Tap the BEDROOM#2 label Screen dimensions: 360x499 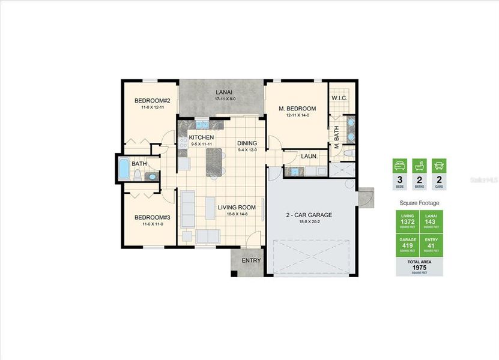[x=153, y=100]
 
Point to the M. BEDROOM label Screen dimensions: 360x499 [x=297, y=108]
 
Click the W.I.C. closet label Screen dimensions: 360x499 [x=340, y=98]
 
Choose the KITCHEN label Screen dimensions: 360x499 [x=202, y=137]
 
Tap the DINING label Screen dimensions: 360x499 [x=247, y=143]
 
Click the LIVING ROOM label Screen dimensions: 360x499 [x=237, y=207]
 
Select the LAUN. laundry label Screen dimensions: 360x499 [x=309, y=157]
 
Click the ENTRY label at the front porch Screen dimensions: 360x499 [x=251, y=260]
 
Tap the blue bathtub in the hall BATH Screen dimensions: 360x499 [x=124, y=170]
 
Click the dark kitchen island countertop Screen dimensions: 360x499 [x=213, y=162]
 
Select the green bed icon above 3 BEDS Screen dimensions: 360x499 [x=399, y=166]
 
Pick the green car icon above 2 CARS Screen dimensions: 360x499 [x=439, y=166]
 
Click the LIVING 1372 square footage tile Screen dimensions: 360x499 [x=407, y=221]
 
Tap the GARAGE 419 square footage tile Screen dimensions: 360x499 [x=407, y=245]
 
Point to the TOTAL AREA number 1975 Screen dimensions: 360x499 [x=419, y=268]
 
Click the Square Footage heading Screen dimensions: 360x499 [x=419, y=203]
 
